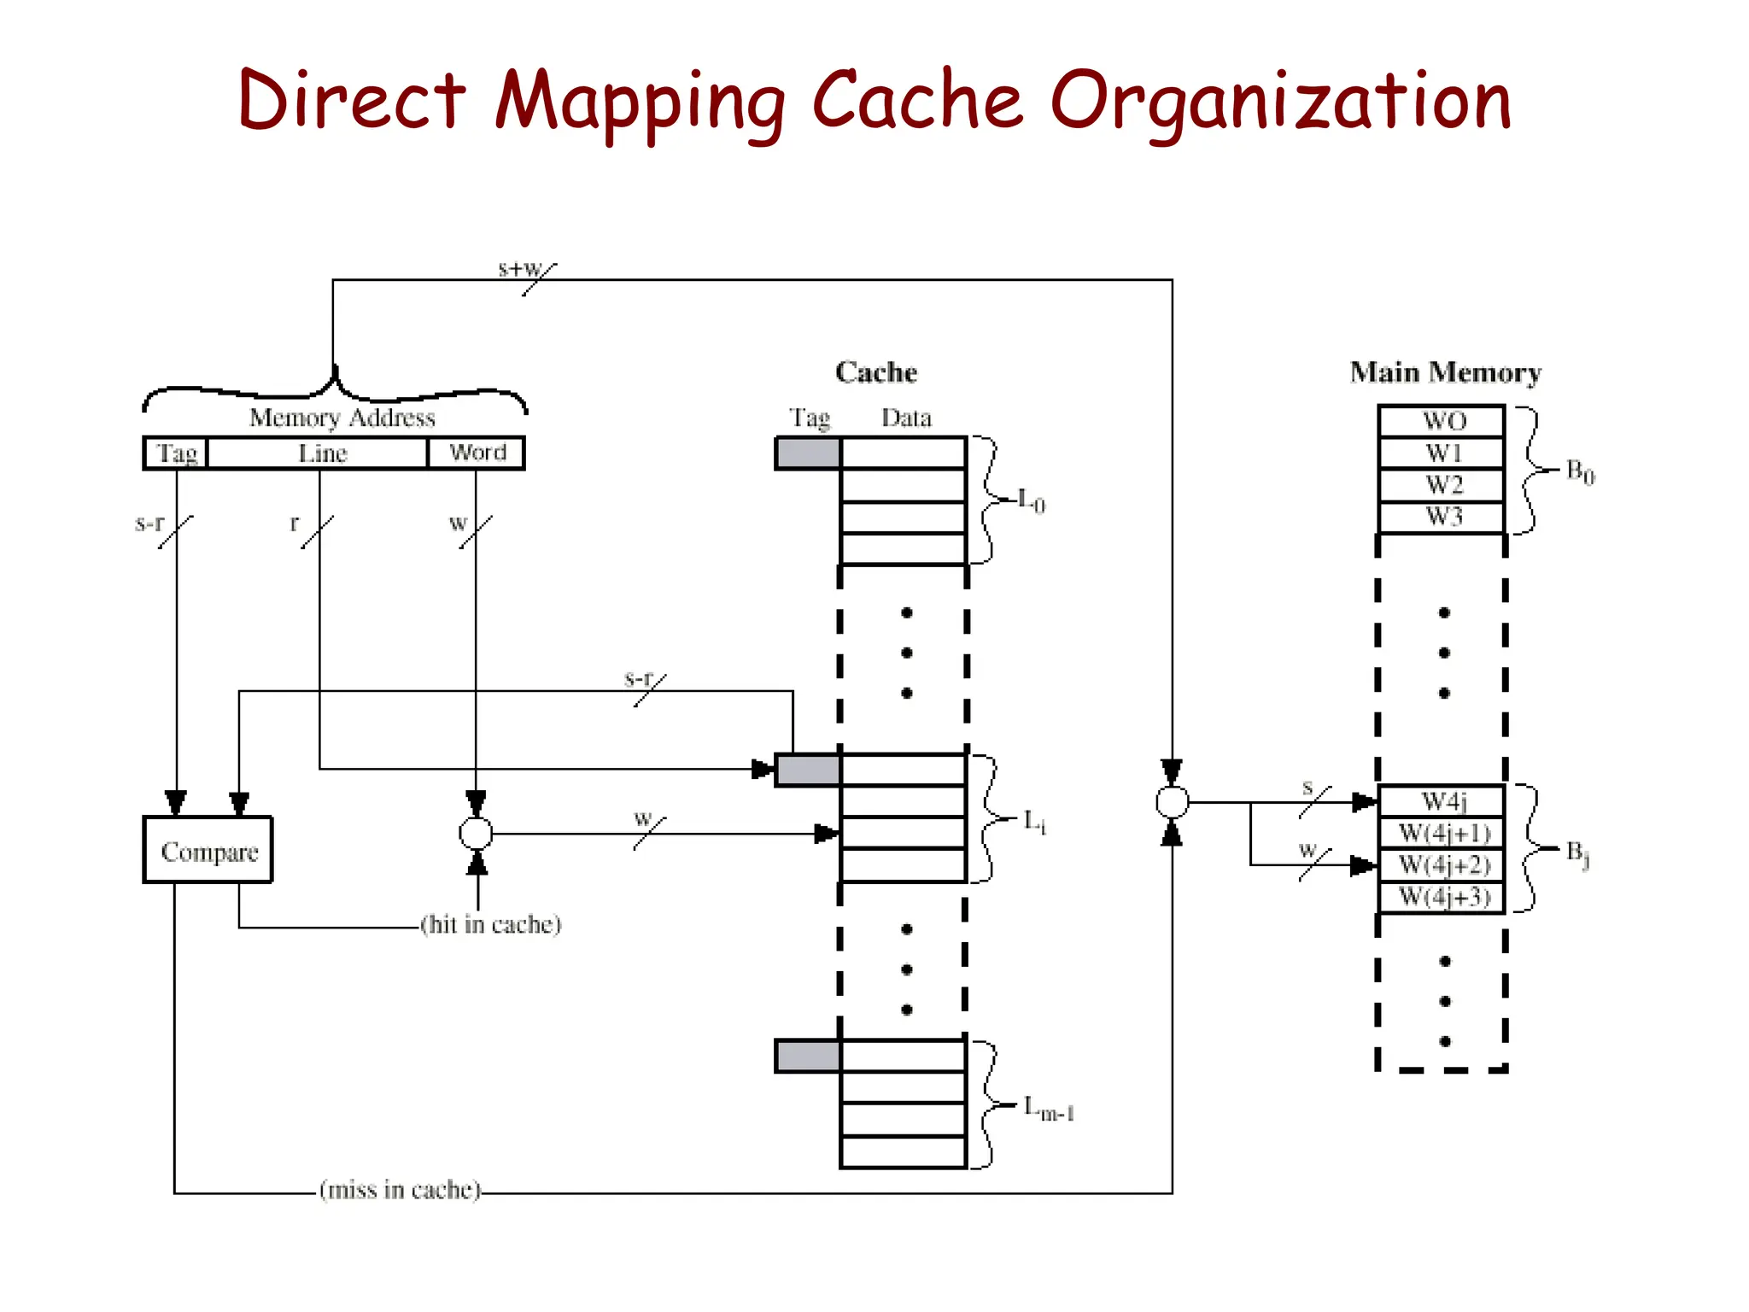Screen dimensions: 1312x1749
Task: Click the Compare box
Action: [x=208, y=850]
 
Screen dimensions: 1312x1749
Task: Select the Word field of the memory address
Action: [x=477, y=453]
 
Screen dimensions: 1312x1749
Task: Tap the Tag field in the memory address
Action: [x=177, y=453]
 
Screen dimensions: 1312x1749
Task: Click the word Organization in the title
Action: [x=1280, y=102]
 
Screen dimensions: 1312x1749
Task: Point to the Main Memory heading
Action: [x=1445, y=372]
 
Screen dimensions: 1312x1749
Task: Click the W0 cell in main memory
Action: [x=1442, y=421]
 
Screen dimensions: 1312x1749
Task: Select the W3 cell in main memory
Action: [x=1442, y=518]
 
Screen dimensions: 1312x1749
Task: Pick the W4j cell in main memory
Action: [x=1442, y=801]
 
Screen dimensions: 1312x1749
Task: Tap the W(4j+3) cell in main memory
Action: [x=1442, y=898]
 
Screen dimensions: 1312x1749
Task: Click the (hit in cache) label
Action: [x=491, y=924]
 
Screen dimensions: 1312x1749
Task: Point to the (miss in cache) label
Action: [x=400, y=1190]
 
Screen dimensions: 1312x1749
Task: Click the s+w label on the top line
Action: [x=520, y=268]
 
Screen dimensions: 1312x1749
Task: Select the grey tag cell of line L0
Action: [x=808, y=453]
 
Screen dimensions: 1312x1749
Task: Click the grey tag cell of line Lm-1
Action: [x=808, y=1056]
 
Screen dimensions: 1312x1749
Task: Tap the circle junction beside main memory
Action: [x=1172, y=802]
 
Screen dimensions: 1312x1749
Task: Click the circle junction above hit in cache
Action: [x=476, y=834]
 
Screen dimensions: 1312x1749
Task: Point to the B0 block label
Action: [x=1580, y=471]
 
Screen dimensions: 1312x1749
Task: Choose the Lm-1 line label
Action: [x=1049, y=1109]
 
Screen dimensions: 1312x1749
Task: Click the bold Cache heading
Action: [x=876, y=372]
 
